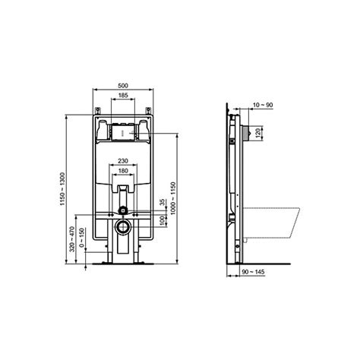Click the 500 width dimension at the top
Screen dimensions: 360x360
(x=122, y=86)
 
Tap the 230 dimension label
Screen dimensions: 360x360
(x=122, y=161)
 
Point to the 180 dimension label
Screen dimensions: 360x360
(x=122, y=172)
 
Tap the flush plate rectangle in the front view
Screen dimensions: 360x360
(x=122, y=131)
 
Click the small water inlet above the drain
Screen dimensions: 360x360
(x=122, y=210)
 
